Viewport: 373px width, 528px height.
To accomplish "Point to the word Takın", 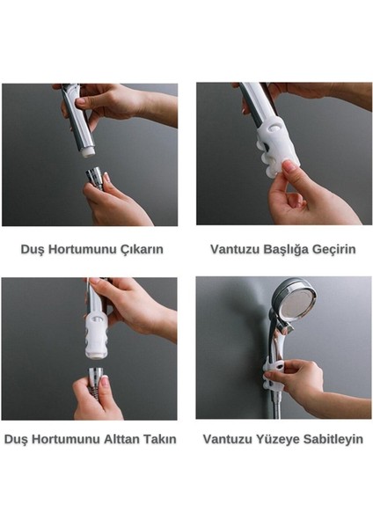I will (x=159, y=438).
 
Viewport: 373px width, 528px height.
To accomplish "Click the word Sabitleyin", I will (x=333, y=438).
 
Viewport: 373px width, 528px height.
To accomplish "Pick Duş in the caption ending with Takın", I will (x=16, y=438).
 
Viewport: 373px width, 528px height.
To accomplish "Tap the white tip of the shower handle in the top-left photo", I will (x=87, y=150).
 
